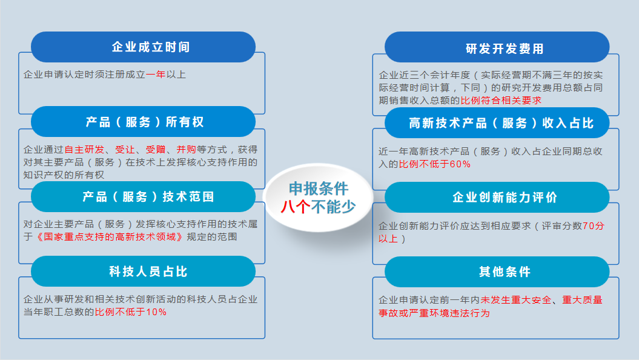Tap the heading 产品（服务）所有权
coord(145,122)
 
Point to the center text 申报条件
coord(319,188)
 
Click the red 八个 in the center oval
coord(296,206)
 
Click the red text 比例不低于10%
coord(130,312)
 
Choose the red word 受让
coord(125,150)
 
